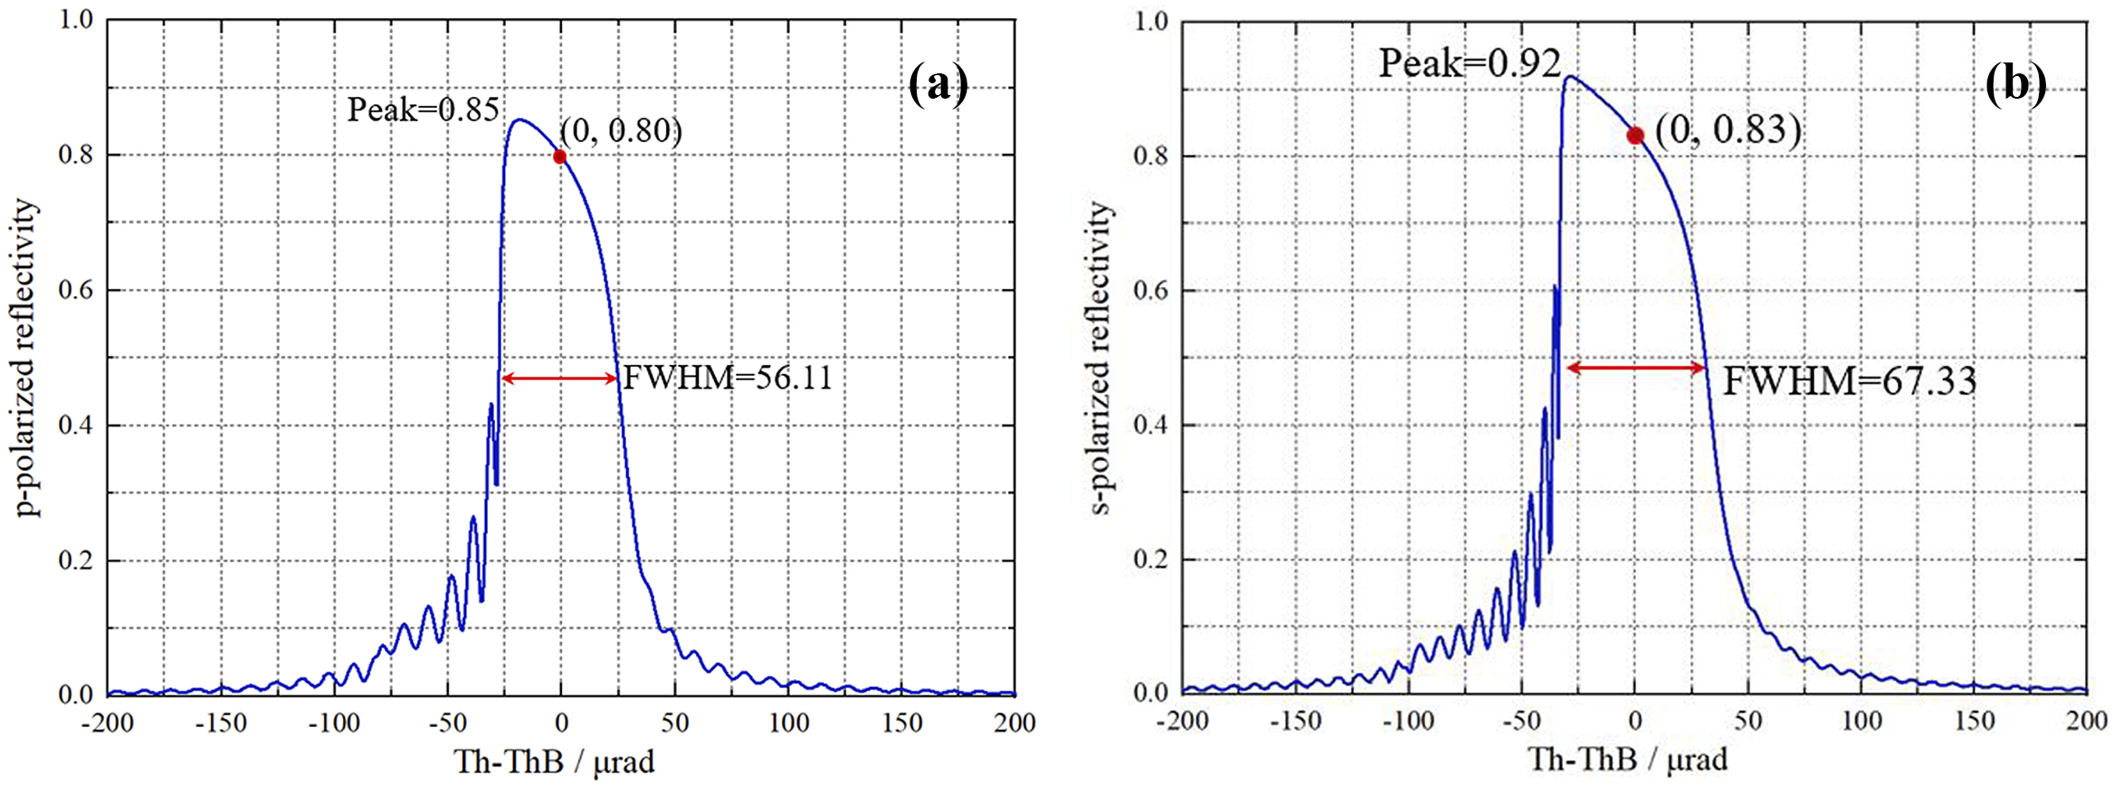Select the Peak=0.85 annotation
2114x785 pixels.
click(423, 110)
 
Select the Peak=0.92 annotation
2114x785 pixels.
click(1469, 63)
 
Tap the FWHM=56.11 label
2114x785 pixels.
click(728, 378)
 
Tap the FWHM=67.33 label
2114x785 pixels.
click(1849, 381)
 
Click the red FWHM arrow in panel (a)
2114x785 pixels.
click(559, 378)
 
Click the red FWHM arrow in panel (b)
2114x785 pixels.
click(1635, 368)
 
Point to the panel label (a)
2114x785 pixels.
click(938, 86)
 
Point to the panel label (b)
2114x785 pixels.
click(2015, 86)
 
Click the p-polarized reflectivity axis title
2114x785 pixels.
click(28, 358)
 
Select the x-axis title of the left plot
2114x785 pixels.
click(554, 761)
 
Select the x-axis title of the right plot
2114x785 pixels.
click(1628, 759)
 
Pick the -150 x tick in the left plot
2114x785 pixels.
click(222, 723)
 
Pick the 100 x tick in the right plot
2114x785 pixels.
click(1862, 721)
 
